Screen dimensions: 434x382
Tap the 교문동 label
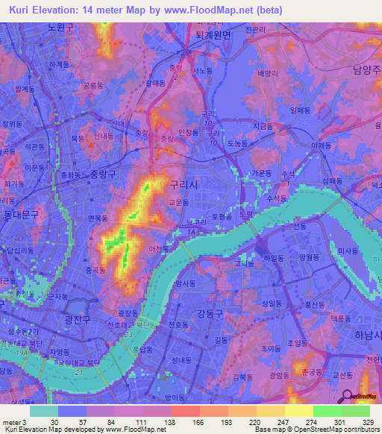(180, 201)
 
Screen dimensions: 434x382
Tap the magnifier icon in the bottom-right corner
(347, 398)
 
